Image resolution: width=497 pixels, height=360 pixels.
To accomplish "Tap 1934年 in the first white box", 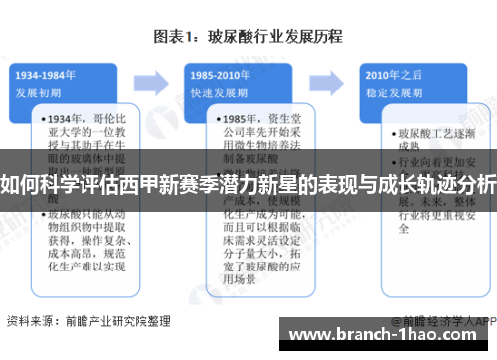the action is pos(66,119).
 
